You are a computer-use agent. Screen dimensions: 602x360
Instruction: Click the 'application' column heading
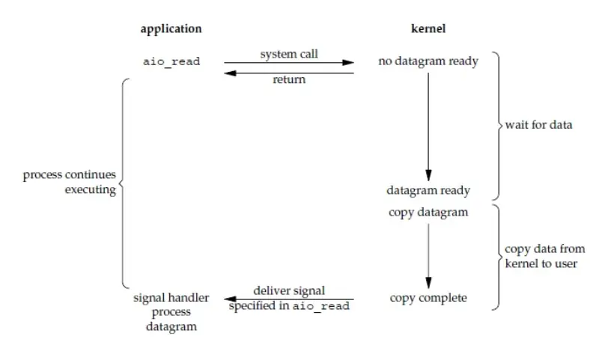click(171, 29)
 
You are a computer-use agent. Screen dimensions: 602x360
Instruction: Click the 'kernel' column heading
click(428, 29)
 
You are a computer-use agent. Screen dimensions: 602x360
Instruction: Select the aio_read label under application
click(171, 61)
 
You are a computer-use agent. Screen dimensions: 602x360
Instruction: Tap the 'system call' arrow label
click(289, 55)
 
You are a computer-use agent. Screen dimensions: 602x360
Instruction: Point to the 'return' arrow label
click(289, 79)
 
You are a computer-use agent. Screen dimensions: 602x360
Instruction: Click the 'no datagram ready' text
click(428, 61)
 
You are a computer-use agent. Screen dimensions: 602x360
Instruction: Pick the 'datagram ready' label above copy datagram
click(428, 190)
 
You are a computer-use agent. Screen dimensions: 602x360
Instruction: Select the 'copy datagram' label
click(428, 212)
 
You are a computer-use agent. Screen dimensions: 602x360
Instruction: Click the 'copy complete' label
click(428, 298)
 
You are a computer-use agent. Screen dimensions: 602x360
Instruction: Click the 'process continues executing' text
click(69, 182)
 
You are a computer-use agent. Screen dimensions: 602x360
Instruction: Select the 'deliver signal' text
click(289, 290)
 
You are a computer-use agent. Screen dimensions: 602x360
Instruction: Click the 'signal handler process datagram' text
click(171, 312)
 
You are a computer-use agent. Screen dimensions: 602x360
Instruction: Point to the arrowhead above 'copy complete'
click(428, 283)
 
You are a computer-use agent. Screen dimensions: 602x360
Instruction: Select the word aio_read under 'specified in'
click(320, 307)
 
